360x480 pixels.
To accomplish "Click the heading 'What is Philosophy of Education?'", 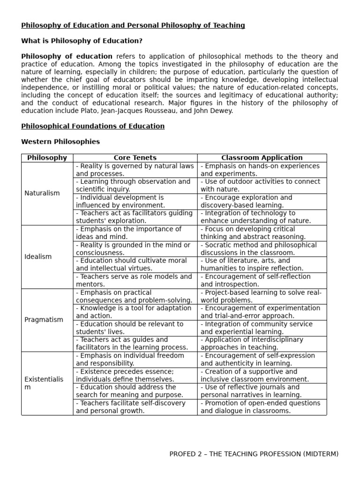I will [82, 41].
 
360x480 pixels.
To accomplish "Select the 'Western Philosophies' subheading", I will [60, 142].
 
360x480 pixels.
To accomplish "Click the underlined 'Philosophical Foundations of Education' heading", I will [93, 126].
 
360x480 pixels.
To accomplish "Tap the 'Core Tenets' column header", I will [135, 158].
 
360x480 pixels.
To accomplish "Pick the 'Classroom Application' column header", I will [262, 158].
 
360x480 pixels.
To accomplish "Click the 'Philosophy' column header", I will [47, 158].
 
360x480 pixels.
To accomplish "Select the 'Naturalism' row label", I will [42, 193].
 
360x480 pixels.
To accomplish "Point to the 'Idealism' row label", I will [38, 256].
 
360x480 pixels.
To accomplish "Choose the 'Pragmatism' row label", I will [44, 320].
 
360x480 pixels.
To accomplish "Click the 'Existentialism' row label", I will [43, 383].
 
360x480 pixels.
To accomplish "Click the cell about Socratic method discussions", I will [262, 249].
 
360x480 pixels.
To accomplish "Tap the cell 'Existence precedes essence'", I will [135, 375].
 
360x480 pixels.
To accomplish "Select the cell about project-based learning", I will [262, 296].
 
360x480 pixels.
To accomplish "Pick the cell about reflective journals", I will [262, 391].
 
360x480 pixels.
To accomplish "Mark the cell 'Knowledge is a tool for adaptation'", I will [135, 312].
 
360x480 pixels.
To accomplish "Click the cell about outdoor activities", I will [262, 186].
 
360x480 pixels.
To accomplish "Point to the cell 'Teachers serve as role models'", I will [135, 280].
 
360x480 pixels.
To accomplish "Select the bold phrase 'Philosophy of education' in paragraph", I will [67, 57].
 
